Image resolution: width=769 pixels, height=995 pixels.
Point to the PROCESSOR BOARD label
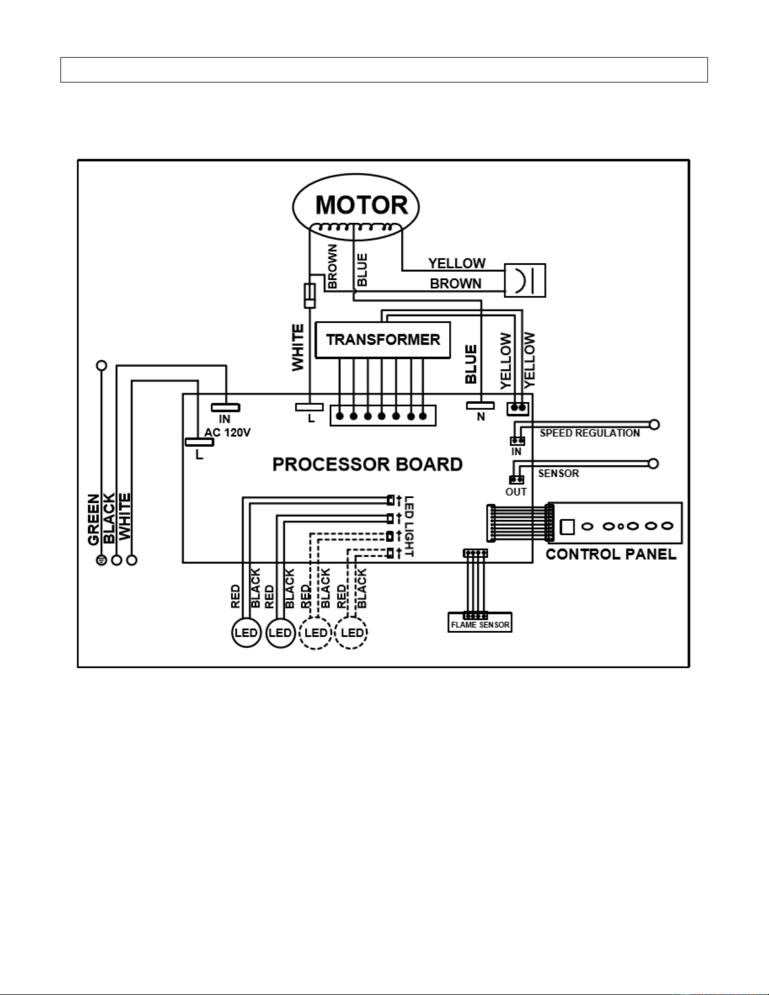[x=367, y=464]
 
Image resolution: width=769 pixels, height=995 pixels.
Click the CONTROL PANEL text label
[x=611, y=554]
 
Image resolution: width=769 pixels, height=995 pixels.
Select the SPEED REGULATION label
[x=589, y=433]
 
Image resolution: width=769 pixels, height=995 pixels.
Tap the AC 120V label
[x=227, y=433]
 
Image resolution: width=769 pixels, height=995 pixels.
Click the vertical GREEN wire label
[x=94, y=519]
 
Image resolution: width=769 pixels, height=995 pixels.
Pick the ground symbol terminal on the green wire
[x=102, y=560]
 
